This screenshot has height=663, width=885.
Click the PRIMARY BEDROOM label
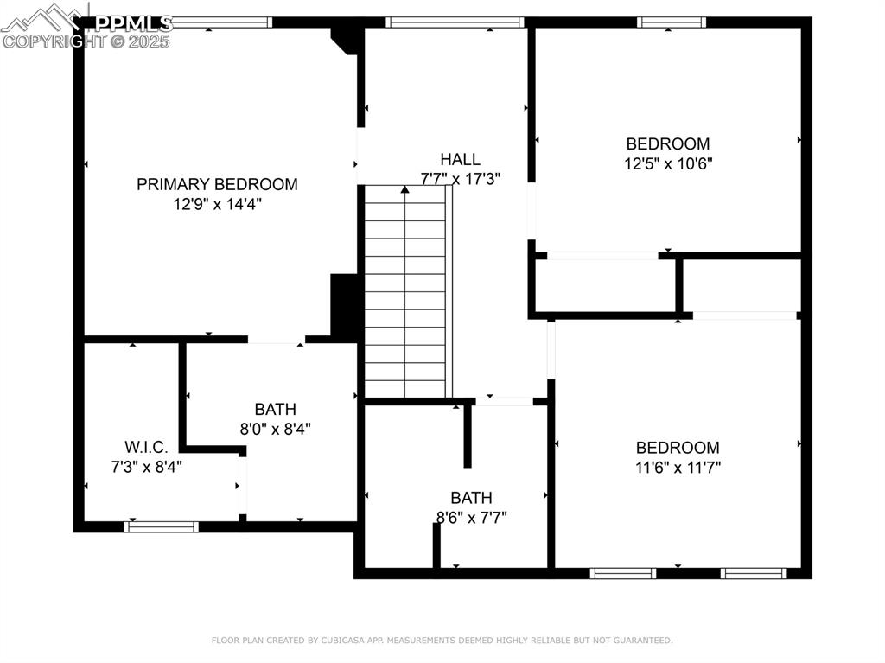[217, 184]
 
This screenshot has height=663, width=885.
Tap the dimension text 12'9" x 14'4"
[217, 205]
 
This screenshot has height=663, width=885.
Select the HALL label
[460, 159]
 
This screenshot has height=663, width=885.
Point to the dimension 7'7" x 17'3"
[460, 179]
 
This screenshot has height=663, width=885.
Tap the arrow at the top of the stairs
[404, 189]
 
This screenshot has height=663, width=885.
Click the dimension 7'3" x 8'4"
[146, 465]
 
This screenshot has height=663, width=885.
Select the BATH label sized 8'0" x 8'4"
[275, 409]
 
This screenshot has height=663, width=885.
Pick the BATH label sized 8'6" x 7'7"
[471, 498]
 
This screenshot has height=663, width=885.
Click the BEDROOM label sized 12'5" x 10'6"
[668, 143]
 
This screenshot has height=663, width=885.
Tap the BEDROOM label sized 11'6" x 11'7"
[678, 448]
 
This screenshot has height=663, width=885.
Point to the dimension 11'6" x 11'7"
[678, 468]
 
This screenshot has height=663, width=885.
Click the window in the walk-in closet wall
[162, 526]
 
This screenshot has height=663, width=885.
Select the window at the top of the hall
[455, 22]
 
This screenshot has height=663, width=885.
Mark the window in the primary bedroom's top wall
[220, 22]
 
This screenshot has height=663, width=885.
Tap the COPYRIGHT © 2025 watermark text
[86, 41]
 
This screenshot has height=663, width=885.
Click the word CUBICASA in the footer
[357, 641]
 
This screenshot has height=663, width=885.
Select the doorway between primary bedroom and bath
[276, 340]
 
